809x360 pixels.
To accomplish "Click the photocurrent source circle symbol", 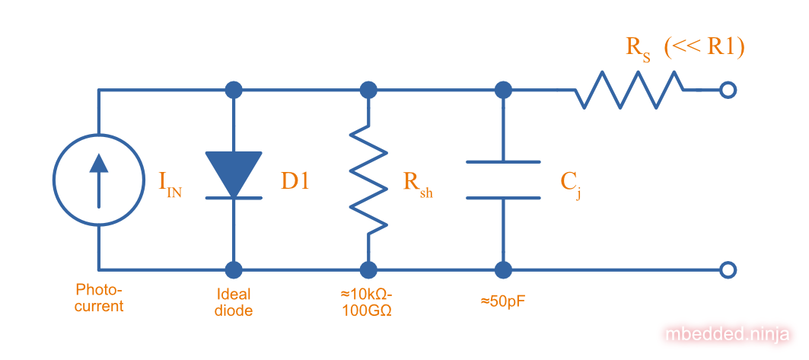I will click(99, 180).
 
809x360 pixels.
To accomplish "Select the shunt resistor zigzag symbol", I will click(368, 180).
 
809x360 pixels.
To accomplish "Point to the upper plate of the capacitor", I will click(502, 162).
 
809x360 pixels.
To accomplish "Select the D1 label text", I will click(295, 181).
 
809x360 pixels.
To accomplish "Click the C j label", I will click(572, 184).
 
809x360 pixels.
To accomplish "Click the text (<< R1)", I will click(704, 46).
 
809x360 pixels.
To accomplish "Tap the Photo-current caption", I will click(99, 298).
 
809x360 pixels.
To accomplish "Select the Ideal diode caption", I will click(233, 302).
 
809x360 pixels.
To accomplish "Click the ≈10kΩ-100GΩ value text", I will click(368, 302).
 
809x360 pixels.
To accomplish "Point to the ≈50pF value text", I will click(502, 301).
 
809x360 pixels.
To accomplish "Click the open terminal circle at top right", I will click(728, 91).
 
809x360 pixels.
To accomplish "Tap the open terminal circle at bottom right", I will click(728, 269).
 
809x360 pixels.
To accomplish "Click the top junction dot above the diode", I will click(234, 91).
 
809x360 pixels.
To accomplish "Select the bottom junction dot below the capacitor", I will click(502, 269).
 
